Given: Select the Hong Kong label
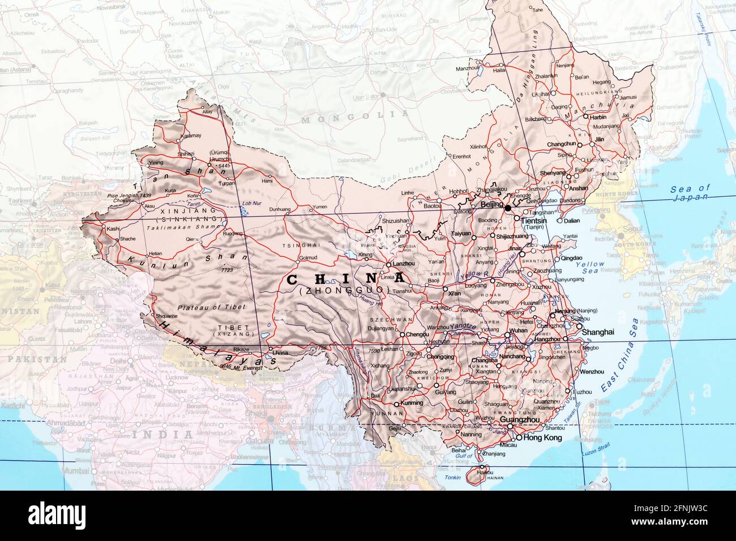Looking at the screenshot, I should (544, 438).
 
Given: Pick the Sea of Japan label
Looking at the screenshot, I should (689, 193).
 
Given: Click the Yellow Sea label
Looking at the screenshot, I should (590, 268).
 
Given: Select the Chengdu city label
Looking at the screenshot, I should (418, 335).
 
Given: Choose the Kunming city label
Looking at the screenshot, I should (412, 403).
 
